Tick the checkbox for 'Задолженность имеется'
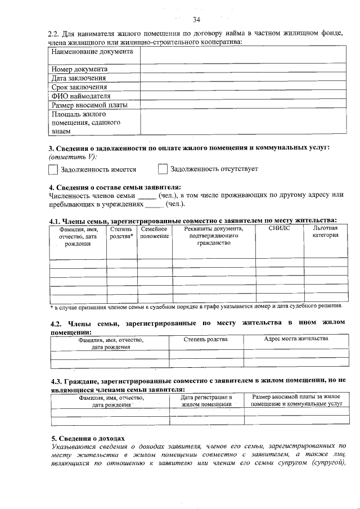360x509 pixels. click(53, 169)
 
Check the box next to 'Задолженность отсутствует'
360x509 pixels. click(163, 169)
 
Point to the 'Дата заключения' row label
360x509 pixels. click(79, 78)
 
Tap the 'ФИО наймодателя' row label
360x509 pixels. click(81, 96)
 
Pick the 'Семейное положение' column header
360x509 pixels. click(155, 232)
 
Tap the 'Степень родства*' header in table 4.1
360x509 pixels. click(121, 232)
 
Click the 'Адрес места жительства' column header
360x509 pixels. click(296, 339)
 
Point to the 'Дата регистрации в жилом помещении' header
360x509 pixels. click(206, 400)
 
